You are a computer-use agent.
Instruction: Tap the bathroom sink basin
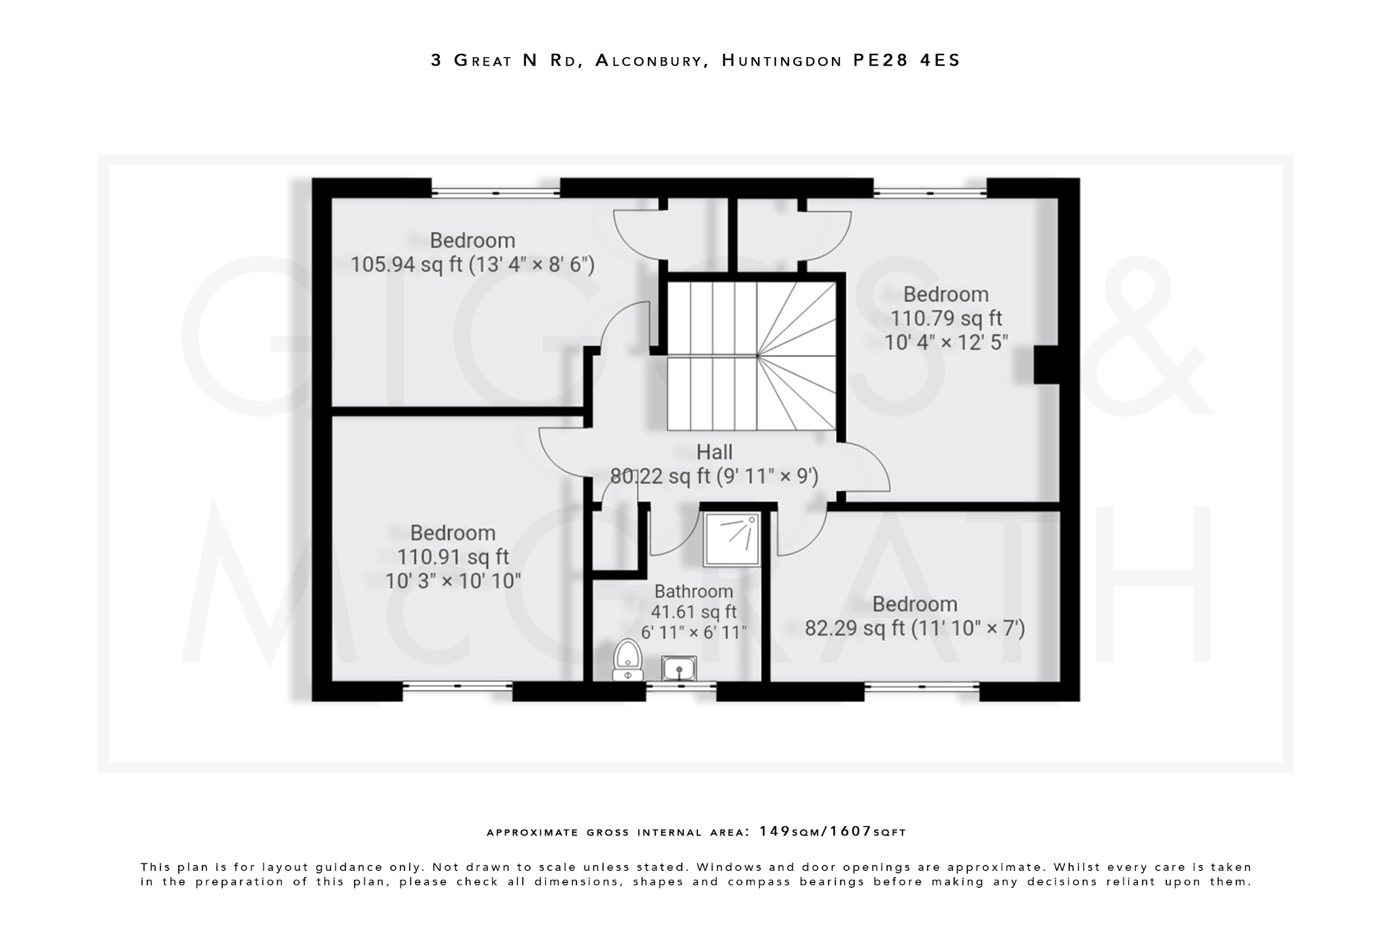[678, 668]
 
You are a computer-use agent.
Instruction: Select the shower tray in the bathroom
[732, 539]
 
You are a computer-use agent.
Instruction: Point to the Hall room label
[714, 452]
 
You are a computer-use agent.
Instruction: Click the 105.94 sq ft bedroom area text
[472, 264]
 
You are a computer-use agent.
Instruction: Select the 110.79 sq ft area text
[946, 318]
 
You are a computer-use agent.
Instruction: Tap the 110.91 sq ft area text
[453, 557]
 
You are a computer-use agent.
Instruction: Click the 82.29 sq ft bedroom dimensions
[914, 628]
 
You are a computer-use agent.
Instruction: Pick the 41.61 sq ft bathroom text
[693, 612]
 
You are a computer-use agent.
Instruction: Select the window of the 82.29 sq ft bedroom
[921, 687]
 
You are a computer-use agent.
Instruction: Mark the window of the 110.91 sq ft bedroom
[457, 687]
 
